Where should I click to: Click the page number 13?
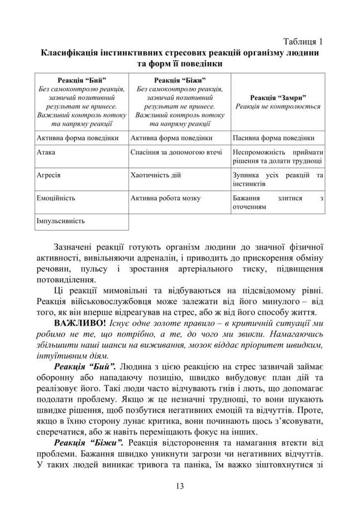(179, 486)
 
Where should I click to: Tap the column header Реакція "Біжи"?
(180, 80)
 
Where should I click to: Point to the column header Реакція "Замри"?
(278, 97)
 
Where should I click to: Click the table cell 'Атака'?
(46, 152)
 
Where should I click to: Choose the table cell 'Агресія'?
(49, 175)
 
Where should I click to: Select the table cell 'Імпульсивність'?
(61, 221)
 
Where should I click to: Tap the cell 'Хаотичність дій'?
(156, 175)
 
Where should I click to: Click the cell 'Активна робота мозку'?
(165, 198)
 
